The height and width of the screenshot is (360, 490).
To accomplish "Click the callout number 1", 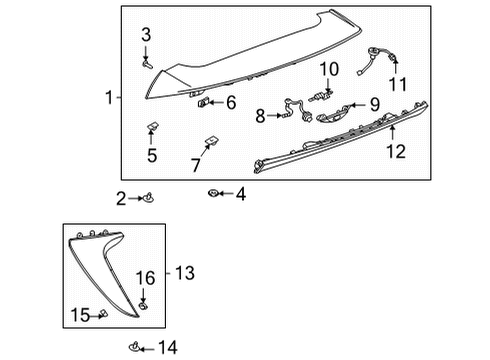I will (107, 97).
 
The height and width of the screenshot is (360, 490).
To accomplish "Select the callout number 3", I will (146, 36).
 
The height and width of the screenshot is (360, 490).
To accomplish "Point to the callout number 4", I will (240, 193).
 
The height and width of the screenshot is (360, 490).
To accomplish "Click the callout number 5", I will (152, 155).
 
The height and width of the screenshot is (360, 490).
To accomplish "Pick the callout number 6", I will (230, 102).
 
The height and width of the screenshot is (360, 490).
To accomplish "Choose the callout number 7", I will (196, 163).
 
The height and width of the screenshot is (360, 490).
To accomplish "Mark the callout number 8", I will (260, 116).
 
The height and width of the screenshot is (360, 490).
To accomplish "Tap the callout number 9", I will (375, 103).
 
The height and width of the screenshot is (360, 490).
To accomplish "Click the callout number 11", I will (398, 84).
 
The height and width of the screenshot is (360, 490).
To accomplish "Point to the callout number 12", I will (396, 151).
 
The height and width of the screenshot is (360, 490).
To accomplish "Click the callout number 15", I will (79, 316).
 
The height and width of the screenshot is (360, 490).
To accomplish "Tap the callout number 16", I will (145, 277).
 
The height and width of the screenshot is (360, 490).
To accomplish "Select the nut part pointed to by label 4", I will (214, 193).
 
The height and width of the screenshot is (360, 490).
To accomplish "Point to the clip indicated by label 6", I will (205, 102).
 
